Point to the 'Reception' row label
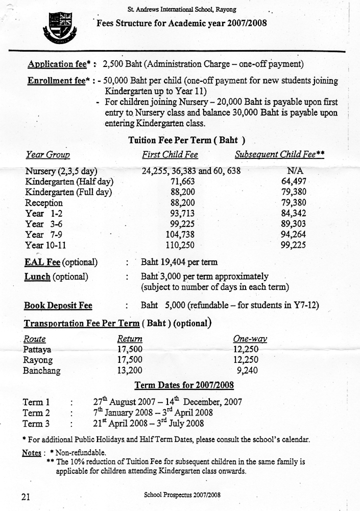pos(44,203)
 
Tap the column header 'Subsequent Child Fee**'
pos(280,154)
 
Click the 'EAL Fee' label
pos(42,262)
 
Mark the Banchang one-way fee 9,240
pos(249,371)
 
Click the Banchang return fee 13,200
pos(130,371)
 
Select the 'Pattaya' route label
pos(37,350)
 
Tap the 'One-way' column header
pos(250,339)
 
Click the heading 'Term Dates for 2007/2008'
pos(184,385)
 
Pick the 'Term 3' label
pos(36,423)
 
